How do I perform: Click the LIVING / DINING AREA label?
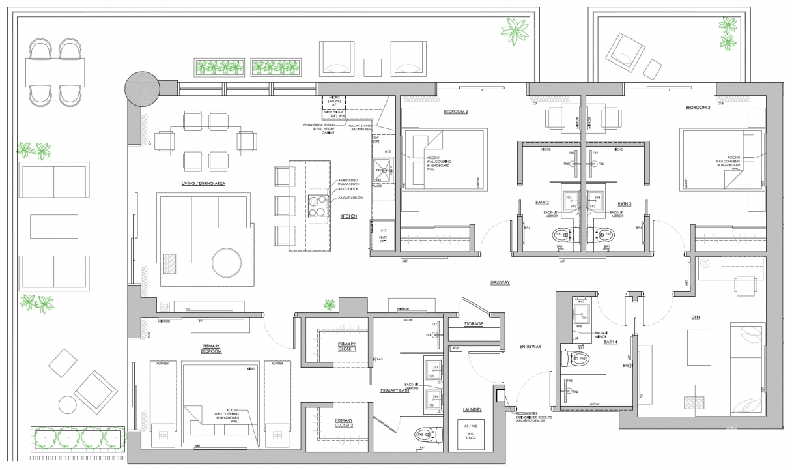coord(203,184)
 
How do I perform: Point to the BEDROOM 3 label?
coord(698,107)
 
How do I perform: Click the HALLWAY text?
coord(500,282)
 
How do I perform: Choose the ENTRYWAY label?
coord(531,347)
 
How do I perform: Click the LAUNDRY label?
coord(472,409)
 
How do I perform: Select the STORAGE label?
coord(474,323)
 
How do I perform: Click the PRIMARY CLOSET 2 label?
coord(344,422)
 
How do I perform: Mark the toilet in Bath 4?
coord(578,358)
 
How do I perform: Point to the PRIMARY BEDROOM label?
coord(211,349)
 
